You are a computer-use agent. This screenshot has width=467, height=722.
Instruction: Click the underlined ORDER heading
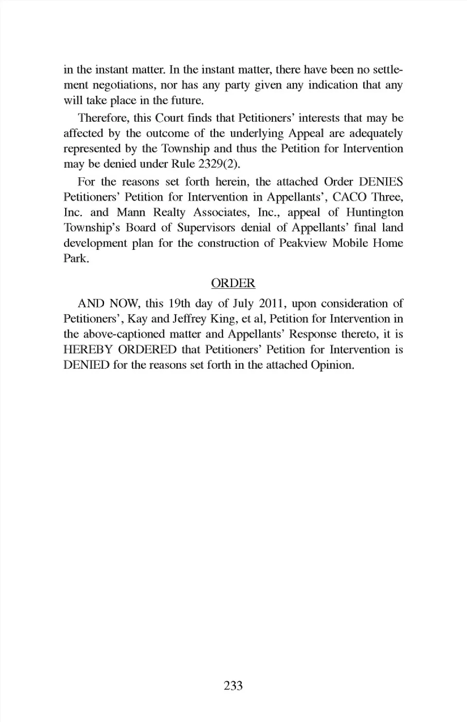(x=233, y=283)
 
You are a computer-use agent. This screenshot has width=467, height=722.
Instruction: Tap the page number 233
(x=233, y=685)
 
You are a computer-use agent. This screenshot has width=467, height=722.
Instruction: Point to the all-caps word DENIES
(x=381, y=182)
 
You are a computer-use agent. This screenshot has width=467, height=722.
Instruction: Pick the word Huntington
(x=375, y=213)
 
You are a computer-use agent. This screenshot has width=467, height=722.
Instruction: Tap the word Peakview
(x=302, y=243)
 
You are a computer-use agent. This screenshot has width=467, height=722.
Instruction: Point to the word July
(x=243, y=304)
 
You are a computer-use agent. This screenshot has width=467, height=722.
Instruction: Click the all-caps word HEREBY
(x=88, y=350)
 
